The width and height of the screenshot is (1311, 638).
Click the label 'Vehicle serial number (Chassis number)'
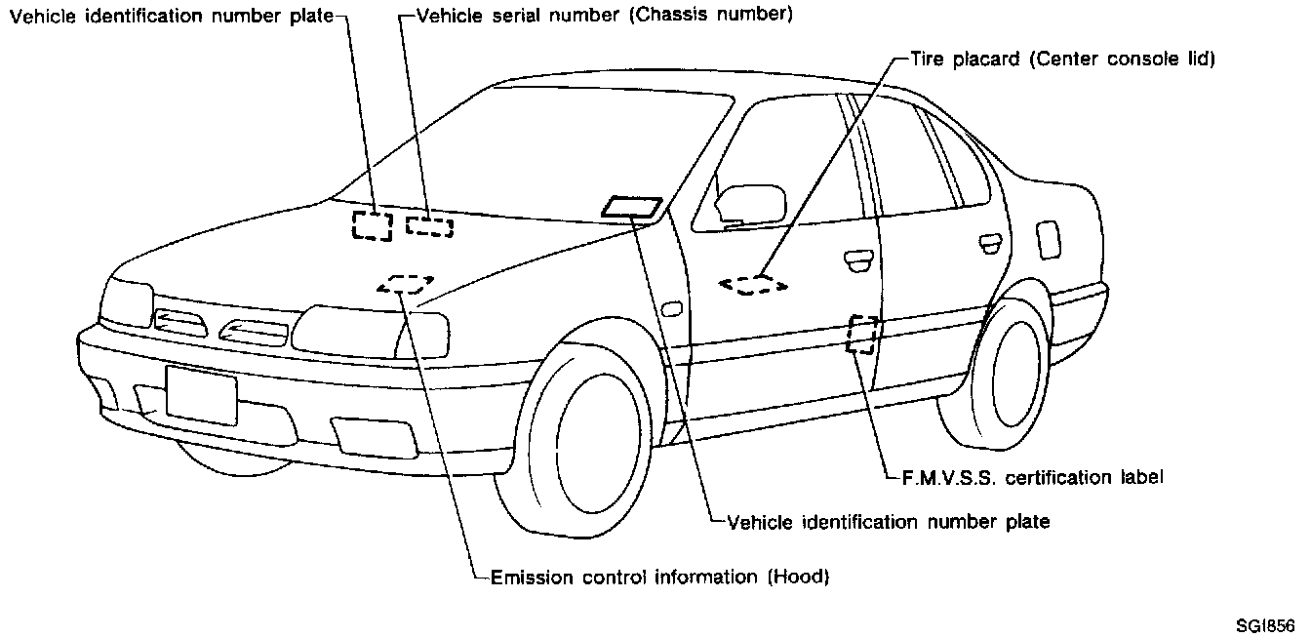coord(604,16)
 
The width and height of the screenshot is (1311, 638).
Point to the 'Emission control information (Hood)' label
coord(659,577)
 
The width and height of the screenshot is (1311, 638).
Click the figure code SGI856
coord(1265,625)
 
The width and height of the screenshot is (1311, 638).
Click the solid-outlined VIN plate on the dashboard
coord(632,207)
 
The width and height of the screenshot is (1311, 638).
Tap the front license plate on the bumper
coord(201,394)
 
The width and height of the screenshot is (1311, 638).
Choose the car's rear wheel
coord(1010,371)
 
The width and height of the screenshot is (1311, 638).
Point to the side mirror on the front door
coord(749,203)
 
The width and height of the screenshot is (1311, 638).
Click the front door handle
coord(859,258)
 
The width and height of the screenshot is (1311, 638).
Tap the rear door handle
coord(988,242)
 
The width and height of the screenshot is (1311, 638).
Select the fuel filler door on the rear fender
coord(1049,239)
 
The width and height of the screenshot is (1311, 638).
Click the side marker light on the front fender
coord(671,310)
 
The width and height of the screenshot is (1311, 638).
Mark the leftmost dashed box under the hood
coord(372,225)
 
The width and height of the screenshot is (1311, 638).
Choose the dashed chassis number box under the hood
coord(429,227)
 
